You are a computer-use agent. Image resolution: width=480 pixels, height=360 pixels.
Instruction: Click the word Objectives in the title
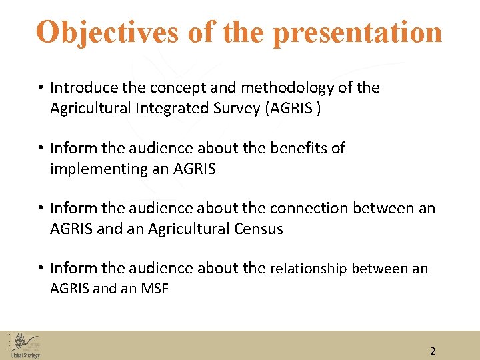[107, 32]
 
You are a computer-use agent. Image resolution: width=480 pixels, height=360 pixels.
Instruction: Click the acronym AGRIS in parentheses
[291, 108]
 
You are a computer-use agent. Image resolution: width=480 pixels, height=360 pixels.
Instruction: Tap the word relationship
[308, 269]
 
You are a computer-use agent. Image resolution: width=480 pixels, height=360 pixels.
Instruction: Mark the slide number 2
[432, 351]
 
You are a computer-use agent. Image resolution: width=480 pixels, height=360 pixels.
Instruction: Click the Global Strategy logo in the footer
[25, 345]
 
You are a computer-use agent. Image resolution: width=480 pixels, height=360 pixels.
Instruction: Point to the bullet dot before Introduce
[41, 88]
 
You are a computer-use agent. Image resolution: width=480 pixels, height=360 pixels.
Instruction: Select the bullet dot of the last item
[41, 269]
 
